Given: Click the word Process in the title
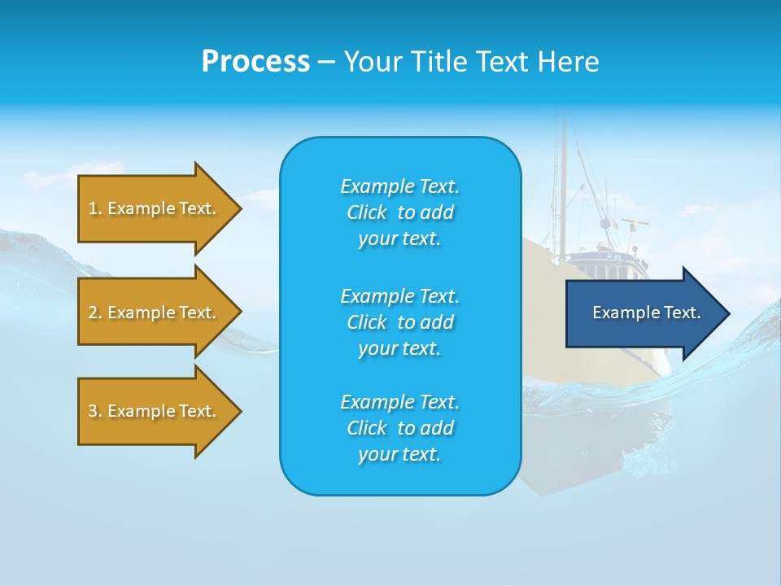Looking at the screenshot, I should [x=255, y=62].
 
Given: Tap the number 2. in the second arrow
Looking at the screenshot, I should [x=95, y=313].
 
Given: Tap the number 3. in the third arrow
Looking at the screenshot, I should [x=95, y=411].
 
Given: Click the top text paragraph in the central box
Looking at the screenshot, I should [x=399, y=212].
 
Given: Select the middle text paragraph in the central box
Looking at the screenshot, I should [x=399, y=322].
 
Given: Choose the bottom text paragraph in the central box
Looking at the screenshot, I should [x=399, y=428].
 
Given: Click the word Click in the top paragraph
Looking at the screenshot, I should [x=367, y=212].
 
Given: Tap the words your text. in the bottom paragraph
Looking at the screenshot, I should [x=399, y=454].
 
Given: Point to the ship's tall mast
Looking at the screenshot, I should [x=561, y=179].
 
